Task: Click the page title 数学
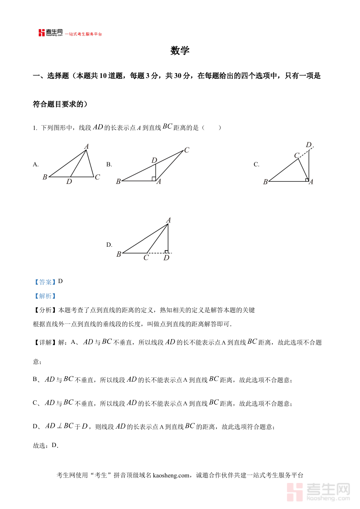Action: (x=180, y=51)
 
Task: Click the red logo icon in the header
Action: (x=42, y=33)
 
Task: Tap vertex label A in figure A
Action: (x=86, y=147)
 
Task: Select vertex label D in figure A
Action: (x=69, y=182)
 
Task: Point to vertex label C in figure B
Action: (x=186, y=150)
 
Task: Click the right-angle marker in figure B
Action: (x=154, y=179)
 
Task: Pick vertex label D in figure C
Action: (x=308, y=145)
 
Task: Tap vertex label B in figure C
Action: (x=265, y=182)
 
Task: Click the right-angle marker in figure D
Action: (x=166, y=251)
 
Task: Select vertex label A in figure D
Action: (x=168, y=220)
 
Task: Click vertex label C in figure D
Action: (x=146, y=258)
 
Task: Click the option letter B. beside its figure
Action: (x=109, y=164)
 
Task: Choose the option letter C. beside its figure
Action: (x=256, y=164)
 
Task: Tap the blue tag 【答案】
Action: (x=45, y=282)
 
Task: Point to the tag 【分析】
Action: (x=45, y=310)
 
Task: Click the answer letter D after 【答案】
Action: (x=60, y=281)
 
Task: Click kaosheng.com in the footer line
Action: (x=170, y=475)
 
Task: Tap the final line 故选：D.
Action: (x=46, y=445)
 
